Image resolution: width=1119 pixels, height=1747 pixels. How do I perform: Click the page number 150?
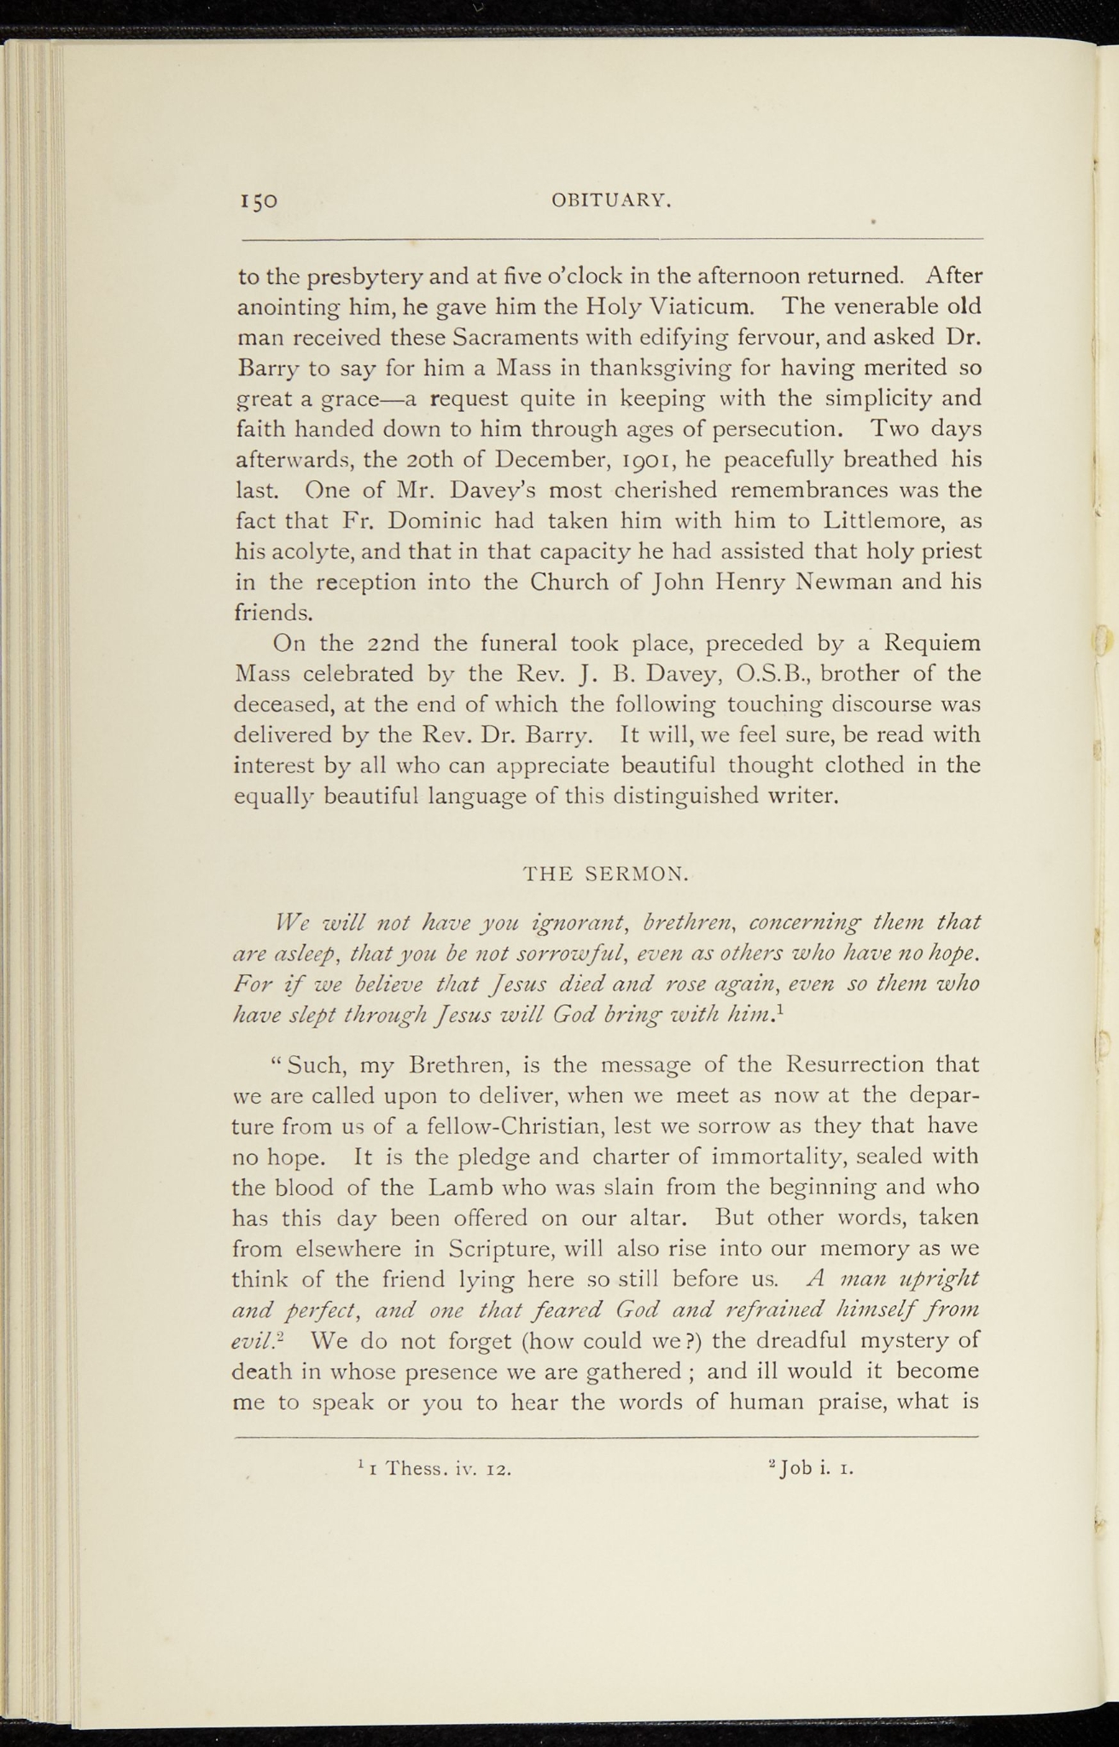pos(258,202)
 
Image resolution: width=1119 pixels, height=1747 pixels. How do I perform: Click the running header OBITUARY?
pos(611,201)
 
